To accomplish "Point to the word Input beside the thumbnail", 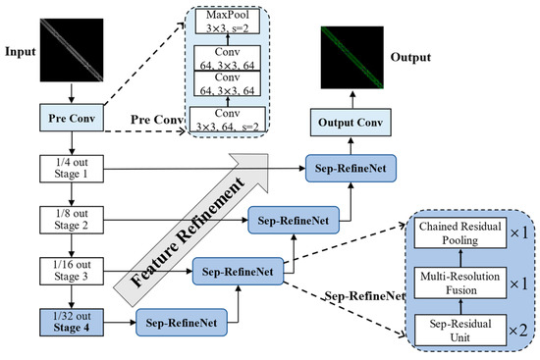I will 21,47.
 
